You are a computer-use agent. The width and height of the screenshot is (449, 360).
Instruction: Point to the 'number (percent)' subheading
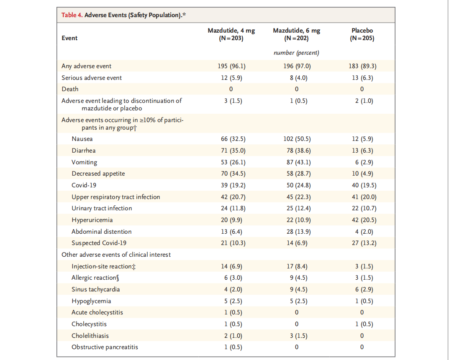pyautogui.click(x=296, y=53)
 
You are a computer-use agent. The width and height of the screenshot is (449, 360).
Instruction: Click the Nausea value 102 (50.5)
pyautogui.click(x=296, y=139)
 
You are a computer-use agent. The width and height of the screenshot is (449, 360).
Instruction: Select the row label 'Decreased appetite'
pyautogui.click(x=98, y=174)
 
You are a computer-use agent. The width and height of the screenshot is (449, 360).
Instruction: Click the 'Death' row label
pyautogui.click(x=70, y=89)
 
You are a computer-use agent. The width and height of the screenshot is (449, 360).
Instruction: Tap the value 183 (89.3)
pyautogui.click(x=362, y=66)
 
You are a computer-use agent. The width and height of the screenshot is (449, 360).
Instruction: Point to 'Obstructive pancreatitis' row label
pyautogui.click(x=105, y=347)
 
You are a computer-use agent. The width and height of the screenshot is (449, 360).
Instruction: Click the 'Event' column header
pyautogui.click(x=69, y=38)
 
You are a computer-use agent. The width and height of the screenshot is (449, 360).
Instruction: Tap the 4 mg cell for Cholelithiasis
pyautogui.click(x=233, y=336)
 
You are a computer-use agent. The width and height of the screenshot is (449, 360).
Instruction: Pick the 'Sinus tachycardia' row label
pyautogui.click(x=96, y=290)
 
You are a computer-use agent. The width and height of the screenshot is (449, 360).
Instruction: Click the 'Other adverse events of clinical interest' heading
pyautogui.click(x=116, y=255)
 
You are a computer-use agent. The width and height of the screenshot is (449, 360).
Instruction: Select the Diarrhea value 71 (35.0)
pyautogui.click(x=233, y=151)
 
